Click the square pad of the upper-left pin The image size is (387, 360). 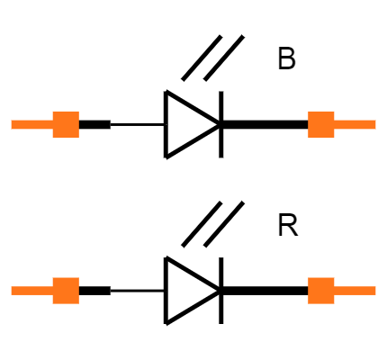coord(66,124)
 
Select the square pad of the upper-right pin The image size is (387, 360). coord(321,124)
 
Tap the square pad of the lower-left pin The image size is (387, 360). coord(66,291)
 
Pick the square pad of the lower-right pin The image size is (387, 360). coord(321,291)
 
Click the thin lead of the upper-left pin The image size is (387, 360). coord(31,124)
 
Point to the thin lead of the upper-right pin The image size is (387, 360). coord(355,124)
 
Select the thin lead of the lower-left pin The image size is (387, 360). coord(31,291)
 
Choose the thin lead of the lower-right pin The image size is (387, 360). coord(355,291)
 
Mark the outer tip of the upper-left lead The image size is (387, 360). coord(12,124)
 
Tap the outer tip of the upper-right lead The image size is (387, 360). coord(375,124)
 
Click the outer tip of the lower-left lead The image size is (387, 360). coord(12,291)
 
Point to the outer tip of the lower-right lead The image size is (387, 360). coord(375,291)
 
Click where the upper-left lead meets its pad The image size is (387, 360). coord(53,124)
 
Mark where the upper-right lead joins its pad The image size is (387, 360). coord(334,124)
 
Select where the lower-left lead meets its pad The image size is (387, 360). coord(53,291)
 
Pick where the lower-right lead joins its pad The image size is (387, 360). coord(334,291)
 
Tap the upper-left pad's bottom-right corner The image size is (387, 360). coord(78,137)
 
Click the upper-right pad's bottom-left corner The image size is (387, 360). coord(309,137)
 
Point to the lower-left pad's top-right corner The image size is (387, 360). coord(78,278)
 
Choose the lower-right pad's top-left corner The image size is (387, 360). coord(309,278)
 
